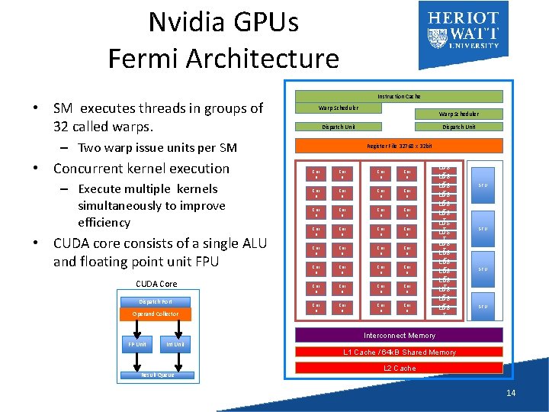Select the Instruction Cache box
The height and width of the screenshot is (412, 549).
[399, 97]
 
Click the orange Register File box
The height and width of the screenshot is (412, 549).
[399, 145]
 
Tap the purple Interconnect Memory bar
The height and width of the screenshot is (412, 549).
[399, 335]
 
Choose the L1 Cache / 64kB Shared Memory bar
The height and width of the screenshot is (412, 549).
[399, 352]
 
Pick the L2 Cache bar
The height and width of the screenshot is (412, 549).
[399, 368]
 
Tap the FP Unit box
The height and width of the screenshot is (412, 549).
[136, 344]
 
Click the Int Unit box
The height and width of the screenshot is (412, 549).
[175, 344]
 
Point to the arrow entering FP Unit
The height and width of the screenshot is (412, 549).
[136, 328]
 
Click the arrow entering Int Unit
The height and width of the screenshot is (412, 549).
[175, 328]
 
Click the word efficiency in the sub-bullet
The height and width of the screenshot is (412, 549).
[104, 223]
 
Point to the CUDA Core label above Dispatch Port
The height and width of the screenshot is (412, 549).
[156, 284]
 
